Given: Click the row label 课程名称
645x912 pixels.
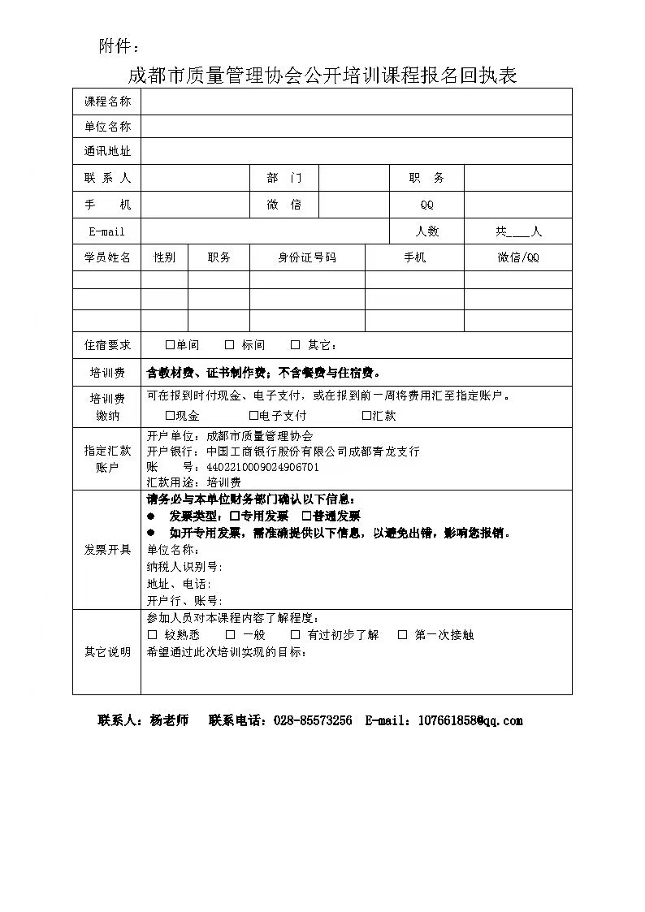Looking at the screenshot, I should tap(107, 102).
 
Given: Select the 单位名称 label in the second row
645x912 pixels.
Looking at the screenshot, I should tap(107, 127).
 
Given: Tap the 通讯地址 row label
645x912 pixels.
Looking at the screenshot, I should tap(107, 152).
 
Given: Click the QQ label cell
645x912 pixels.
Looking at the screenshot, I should tap(427, 205).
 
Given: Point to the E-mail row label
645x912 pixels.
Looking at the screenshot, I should tap(107, 231).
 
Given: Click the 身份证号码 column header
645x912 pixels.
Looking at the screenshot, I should tap(307, 257).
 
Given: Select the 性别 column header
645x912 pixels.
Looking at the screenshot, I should tap(164, 257).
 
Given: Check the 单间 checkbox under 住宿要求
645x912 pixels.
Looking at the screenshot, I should tap(170, 345).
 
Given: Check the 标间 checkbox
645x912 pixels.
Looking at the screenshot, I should tap(230, 345).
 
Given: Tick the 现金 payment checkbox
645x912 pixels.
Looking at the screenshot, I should tap(170, 416).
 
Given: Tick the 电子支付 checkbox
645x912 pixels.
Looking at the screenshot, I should tap(253, 416).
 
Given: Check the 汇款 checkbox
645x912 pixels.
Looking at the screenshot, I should tap(366, 416).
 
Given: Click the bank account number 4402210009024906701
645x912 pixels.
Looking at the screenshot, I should tap(262, 467).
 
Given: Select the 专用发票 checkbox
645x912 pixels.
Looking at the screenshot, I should tap(234, 516).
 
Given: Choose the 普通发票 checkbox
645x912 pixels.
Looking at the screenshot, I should tap(306, 516).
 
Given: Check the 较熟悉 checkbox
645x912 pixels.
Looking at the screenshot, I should tap(152, 635).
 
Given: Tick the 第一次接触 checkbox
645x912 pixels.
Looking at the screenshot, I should tap(402, 635).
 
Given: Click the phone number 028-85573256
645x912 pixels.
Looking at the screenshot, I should tap(313, 720).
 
